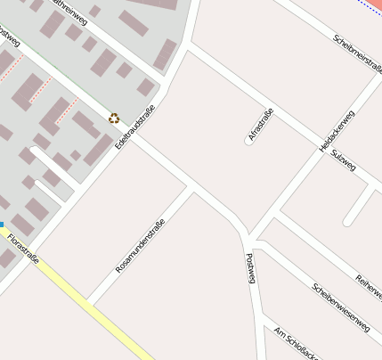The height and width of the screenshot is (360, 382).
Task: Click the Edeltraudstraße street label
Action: (135, 126)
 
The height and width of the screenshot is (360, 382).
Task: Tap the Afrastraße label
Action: (261, 125)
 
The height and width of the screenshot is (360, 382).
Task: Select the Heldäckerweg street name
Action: (337, 131)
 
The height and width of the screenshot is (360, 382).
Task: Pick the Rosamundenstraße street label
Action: (141, 245)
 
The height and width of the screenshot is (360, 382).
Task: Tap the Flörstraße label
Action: (22, 250)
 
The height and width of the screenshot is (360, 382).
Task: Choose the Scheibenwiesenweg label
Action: (340, 307)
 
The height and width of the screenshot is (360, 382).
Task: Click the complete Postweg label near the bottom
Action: (250, 267)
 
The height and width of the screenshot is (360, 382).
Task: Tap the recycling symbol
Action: (113, 118)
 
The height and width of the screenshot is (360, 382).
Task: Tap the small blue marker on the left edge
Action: (2, 225)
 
